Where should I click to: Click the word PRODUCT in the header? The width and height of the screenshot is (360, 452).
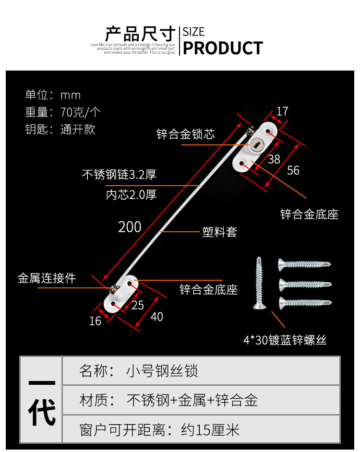pyautogui.click(x=223, y=48)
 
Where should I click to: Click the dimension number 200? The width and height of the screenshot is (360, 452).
pyautogui.click(x=130, y=226)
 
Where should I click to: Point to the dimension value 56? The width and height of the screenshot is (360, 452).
pyautogui.click(x=293, y=170)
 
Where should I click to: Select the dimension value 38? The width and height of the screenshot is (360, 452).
pyautogui.click(x=274, y=159)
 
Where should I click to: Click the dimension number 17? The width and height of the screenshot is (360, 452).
pyautogui.click(x=282, y=111)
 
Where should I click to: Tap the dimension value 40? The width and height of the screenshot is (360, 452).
pyautogui.click(x=157, y=317)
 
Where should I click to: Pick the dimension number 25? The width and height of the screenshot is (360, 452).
pyautogui.click(x=138, y=305)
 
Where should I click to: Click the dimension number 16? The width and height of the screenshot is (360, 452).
pyautogui.click(x=96, y=321)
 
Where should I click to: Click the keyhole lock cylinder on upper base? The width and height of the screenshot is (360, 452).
pyautogui.click(x=256, y=143)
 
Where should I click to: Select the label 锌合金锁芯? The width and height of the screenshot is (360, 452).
pyautogui.click(x=185, y=134)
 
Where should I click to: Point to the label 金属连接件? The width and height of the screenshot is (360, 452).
pyautogui.click(x=47, y=278)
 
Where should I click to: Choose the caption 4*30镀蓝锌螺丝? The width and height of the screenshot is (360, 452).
pyautogui.click(x=285, y=341)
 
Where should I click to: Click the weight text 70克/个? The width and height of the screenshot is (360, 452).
pyautogui.click(x=81, y=112)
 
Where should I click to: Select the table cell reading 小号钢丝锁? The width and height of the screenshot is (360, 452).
pyautogui.click(x=162, y=371)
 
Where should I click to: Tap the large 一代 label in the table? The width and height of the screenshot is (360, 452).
pyautogui.click(x=41, y=400)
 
